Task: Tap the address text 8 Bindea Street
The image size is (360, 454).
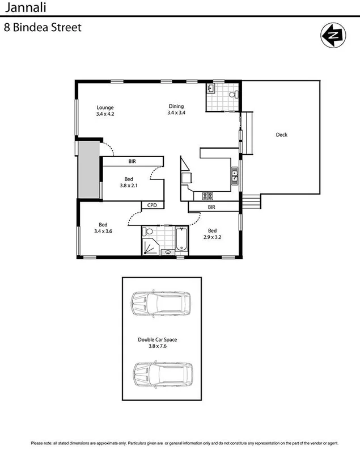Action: coord(43,27)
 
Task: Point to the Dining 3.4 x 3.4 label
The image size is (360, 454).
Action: coord(176,109)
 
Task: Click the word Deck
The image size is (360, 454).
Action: coord(282,134)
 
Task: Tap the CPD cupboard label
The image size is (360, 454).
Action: coord(152,205)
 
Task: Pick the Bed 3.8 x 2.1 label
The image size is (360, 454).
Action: coord(129,182)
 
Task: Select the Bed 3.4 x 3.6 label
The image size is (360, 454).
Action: coord(103,228)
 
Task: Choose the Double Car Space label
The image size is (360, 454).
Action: coord(162,343)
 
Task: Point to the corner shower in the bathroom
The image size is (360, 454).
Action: coord(150,246)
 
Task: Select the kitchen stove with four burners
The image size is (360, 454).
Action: coord(207,196)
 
